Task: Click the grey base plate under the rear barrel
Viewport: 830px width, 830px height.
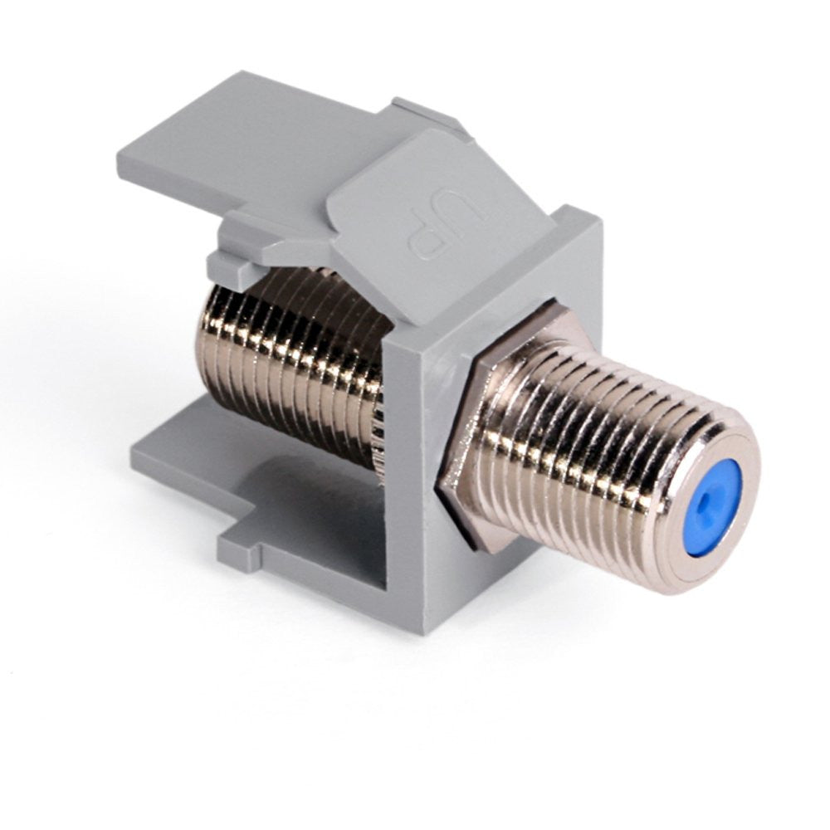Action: coord(249,473)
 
